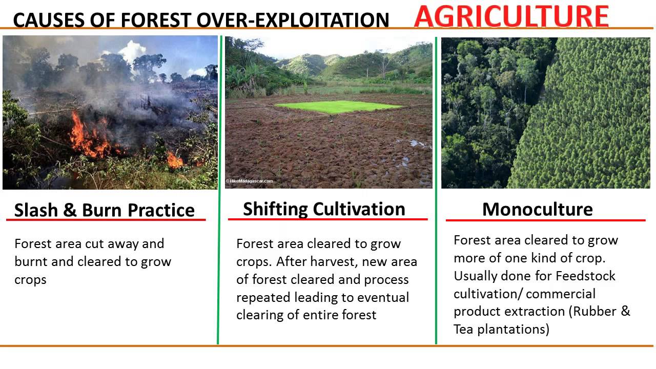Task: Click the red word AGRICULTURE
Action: (x=511, y=16)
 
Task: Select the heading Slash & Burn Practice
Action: (x=105, y=210)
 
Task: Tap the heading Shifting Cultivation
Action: (x=324, y=209)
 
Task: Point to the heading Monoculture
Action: (x=537, y=209)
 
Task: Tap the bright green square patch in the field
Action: (x=338, y=107)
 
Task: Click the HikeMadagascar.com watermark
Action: (x=250, y=181)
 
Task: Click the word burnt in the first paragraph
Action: (x=31, y=262)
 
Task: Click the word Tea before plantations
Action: (x=463, y=330)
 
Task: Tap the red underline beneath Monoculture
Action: (x=545, y=221)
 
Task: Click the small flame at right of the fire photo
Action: (x=175, y=161)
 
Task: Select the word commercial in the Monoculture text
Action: (x=561, y=294)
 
